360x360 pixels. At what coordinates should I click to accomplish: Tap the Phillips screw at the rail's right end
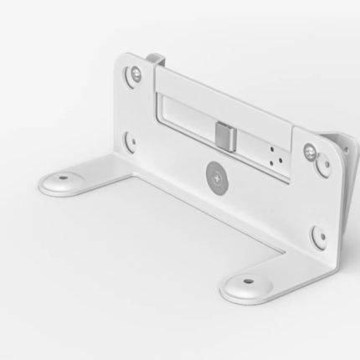(310, 152)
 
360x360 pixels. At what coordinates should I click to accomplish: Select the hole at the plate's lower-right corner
(318, 235)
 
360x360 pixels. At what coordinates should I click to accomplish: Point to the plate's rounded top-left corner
(121, 60)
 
